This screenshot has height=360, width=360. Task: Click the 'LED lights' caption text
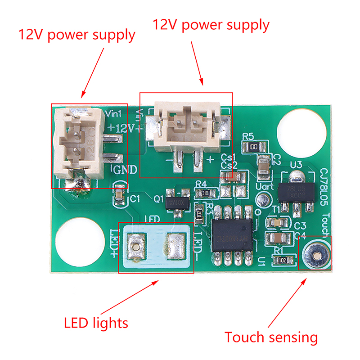pos(96,323)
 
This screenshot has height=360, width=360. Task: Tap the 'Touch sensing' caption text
pos(271,337)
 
